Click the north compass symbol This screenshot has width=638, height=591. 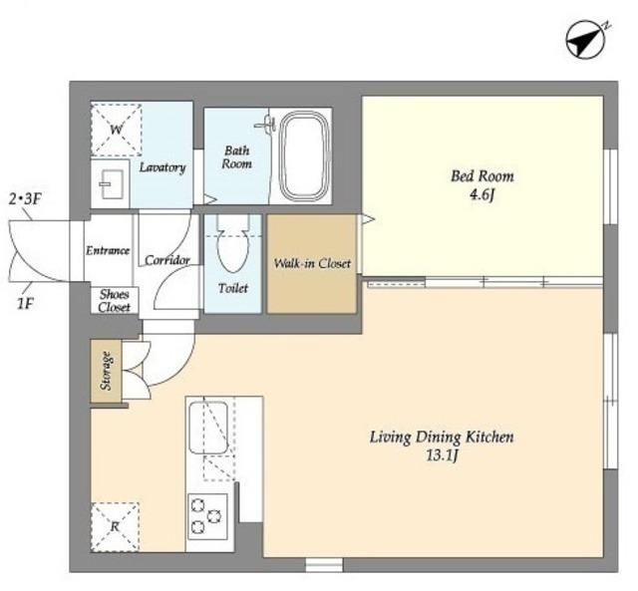[587, 41]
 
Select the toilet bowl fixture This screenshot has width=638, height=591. [232, 245]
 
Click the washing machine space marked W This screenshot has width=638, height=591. [116, 130]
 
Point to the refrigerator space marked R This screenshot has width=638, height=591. [116, 527]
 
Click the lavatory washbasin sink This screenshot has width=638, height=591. [111, 183]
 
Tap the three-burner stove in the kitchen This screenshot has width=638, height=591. [207, 516]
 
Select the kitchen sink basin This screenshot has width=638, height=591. [208, 428]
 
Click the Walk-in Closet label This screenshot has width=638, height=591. [312, 263]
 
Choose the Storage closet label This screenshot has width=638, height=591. [106, 371]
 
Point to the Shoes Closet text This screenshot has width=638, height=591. [115, 301]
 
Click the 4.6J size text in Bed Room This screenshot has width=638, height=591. [482, 195]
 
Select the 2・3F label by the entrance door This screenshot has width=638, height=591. [25, 199]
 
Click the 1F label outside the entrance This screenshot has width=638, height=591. [24, 303]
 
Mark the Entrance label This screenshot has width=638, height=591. [108, 250]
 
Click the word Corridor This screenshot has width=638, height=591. [167, 260]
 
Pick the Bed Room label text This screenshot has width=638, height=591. [482, 176]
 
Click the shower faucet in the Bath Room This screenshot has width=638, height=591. [266, 124]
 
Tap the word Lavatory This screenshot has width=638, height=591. [162, 167]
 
